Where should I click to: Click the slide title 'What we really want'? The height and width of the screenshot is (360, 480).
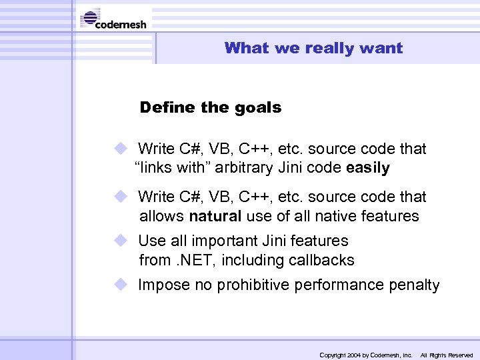313,48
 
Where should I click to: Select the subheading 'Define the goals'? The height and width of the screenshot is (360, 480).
211,107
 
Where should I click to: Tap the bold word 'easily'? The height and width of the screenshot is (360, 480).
368,168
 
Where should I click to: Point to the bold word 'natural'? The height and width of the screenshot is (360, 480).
215,216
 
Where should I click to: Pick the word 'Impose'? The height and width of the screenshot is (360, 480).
164,285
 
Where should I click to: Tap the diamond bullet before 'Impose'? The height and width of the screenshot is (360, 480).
120,285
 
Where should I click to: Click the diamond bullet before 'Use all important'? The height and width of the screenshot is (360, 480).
120,240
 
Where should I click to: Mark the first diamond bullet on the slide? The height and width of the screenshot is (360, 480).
120,148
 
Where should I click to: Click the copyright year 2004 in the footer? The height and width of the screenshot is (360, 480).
353,355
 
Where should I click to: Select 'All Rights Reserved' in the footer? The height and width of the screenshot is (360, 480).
446,355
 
